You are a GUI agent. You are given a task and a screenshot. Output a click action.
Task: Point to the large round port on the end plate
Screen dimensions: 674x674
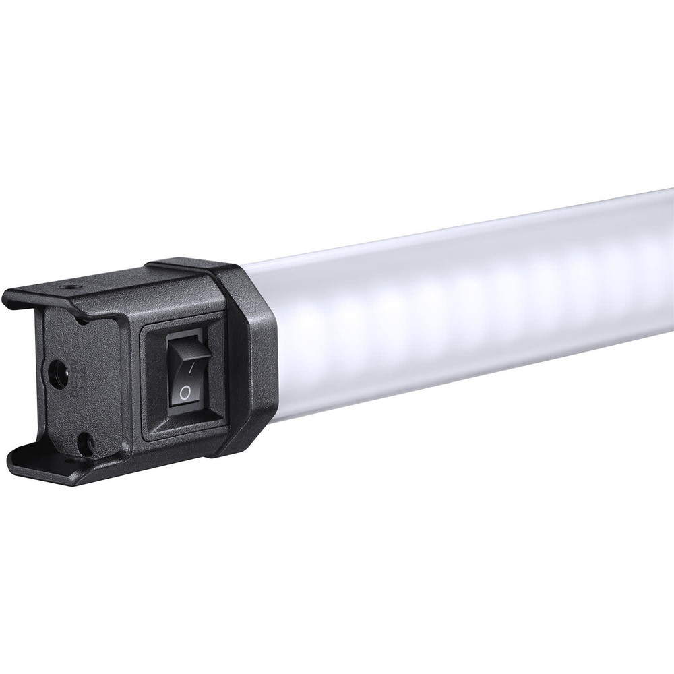click(57, 372)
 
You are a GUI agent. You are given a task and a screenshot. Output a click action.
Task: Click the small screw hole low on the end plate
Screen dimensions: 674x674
click(85, 442)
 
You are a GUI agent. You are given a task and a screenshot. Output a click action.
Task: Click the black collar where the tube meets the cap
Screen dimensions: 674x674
click(253, 357)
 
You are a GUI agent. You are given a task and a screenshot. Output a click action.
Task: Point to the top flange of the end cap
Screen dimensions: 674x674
click(101, 293)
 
